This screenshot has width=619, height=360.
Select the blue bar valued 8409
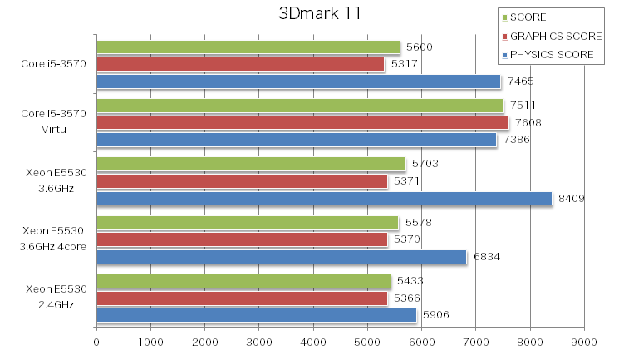click(x=324, y=198)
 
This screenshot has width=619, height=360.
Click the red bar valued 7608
click(x=302, y=123)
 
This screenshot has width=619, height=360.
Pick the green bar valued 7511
click(x=300, y=106)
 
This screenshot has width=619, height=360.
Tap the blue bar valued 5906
click(x=257, y=315)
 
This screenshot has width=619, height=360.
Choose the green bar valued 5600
click(x=248, y=47)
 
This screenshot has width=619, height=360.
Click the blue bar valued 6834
click(x=282, y=257)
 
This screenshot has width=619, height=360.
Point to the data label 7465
click(x=521, y=81)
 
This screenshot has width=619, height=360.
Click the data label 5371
click(x=407, y=181)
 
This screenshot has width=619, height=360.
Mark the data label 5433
click(x=410, y=281)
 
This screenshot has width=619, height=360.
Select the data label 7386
click(x=517, y=140)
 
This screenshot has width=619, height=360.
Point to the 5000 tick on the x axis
click(x=367, y=342)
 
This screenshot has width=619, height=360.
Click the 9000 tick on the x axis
click(x=584, y=342)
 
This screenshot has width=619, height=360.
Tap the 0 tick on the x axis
click(x=97, y=342)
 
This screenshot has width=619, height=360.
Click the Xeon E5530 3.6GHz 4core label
click(x=56, y=238)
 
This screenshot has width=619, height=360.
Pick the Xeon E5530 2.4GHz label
click(x=56, y=296)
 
